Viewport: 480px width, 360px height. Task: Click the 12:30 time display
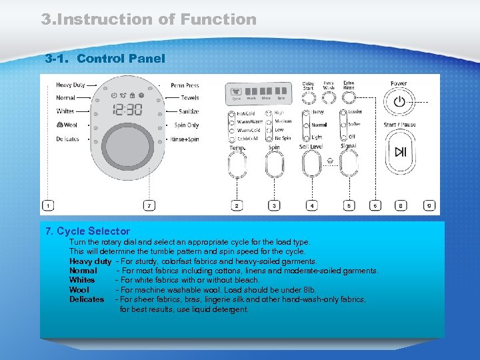127,109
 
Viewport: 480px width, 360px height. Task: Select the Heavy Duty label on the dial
70,85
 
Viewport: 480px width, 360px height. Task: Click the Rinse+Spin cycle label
185,139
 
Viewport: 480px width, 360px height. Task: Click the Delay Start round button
308,99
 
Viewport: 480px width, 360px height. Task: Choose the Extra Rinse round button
349,99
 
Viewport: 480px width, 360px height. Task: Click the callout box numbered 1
49,206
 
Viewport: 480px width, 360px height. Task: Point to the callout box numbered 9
429,206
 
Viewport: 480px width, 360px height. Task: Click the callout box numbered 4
312,206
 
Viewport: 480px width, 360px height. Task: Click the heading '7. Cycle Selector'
87,231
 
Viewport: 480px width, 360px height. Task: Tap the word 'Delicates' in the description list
87,299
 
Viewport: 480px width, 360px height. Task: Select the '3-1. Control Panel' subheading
105,59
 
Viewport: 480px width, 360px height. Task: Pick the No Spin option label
283,138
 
